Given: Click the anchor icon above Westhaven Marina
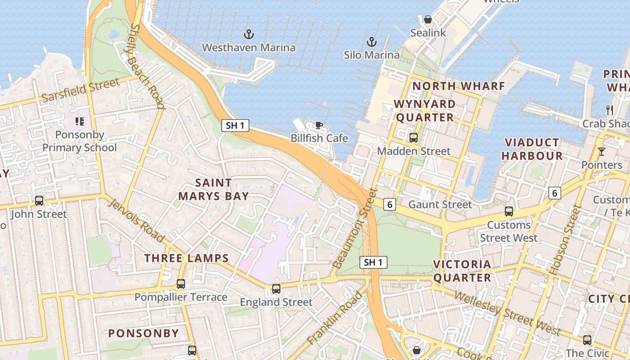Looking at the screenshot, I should point(248,34).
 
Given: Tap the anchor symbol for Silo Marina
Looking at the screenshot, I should point(372,42).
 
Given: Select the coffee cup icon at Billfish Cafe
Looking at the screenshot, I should point(319,125).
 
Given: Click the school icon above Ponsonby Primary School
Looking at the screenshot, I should point(80,121).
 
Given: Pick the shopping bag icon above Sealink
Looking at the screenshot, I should point(428,20).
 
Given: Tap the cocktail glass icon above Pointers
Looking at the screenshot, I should point(601,152).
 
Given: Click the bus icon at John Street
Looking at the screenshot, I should point(39,201).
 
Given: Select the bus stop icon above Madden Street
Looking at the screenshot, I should point(413,138).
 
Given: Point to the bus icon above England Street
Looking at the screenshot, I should point(276,289).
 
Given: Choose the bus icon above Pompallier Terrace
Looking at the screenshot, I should point(181,284).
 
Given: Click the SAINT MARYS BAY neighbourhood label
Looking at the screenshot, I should point(214,189).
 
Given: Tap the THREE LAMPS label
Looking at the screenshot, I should point(187,258).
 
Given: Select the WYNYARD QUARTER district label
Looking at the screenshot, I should point(424,111).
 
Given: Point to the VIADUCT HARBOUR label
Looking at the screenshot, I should point(532,149).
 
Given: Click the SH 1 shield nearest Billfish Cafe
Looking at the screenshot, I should point(235,126).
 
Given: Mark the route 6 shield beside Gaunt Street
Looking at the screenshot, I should point(390,204).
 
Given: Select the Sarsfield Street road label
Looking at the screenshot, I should point(81,90).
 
